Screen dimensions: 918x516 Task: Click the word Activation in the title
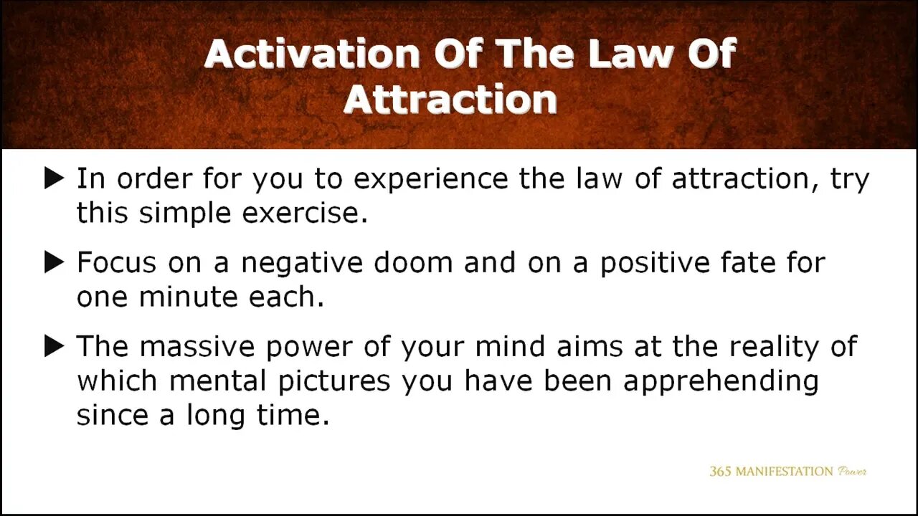(312, 53)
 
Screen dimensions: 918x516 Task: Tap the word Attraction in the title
(450, 99)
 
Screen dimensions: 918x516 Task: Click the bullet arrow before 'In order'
(54, 178)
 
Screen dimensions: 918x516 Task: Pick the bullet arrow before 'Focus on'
(54, 262)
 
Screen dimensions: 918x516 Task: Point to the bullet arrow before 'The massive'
(54, 346)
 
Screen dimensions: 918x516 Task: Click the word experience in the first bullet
(431, 180)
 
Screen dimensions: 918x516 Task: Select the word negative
(302, 264)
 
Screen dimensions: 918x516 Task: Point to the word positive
(655, 264)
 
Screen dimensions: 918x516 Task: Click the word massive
(197, 346)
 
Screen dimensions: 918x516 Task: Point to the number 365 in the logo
(720, 472)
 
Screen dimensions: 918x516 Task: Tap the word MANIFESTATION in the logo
(785, 472)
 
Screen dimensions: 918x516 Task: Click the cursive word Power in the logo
(852, 472)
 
